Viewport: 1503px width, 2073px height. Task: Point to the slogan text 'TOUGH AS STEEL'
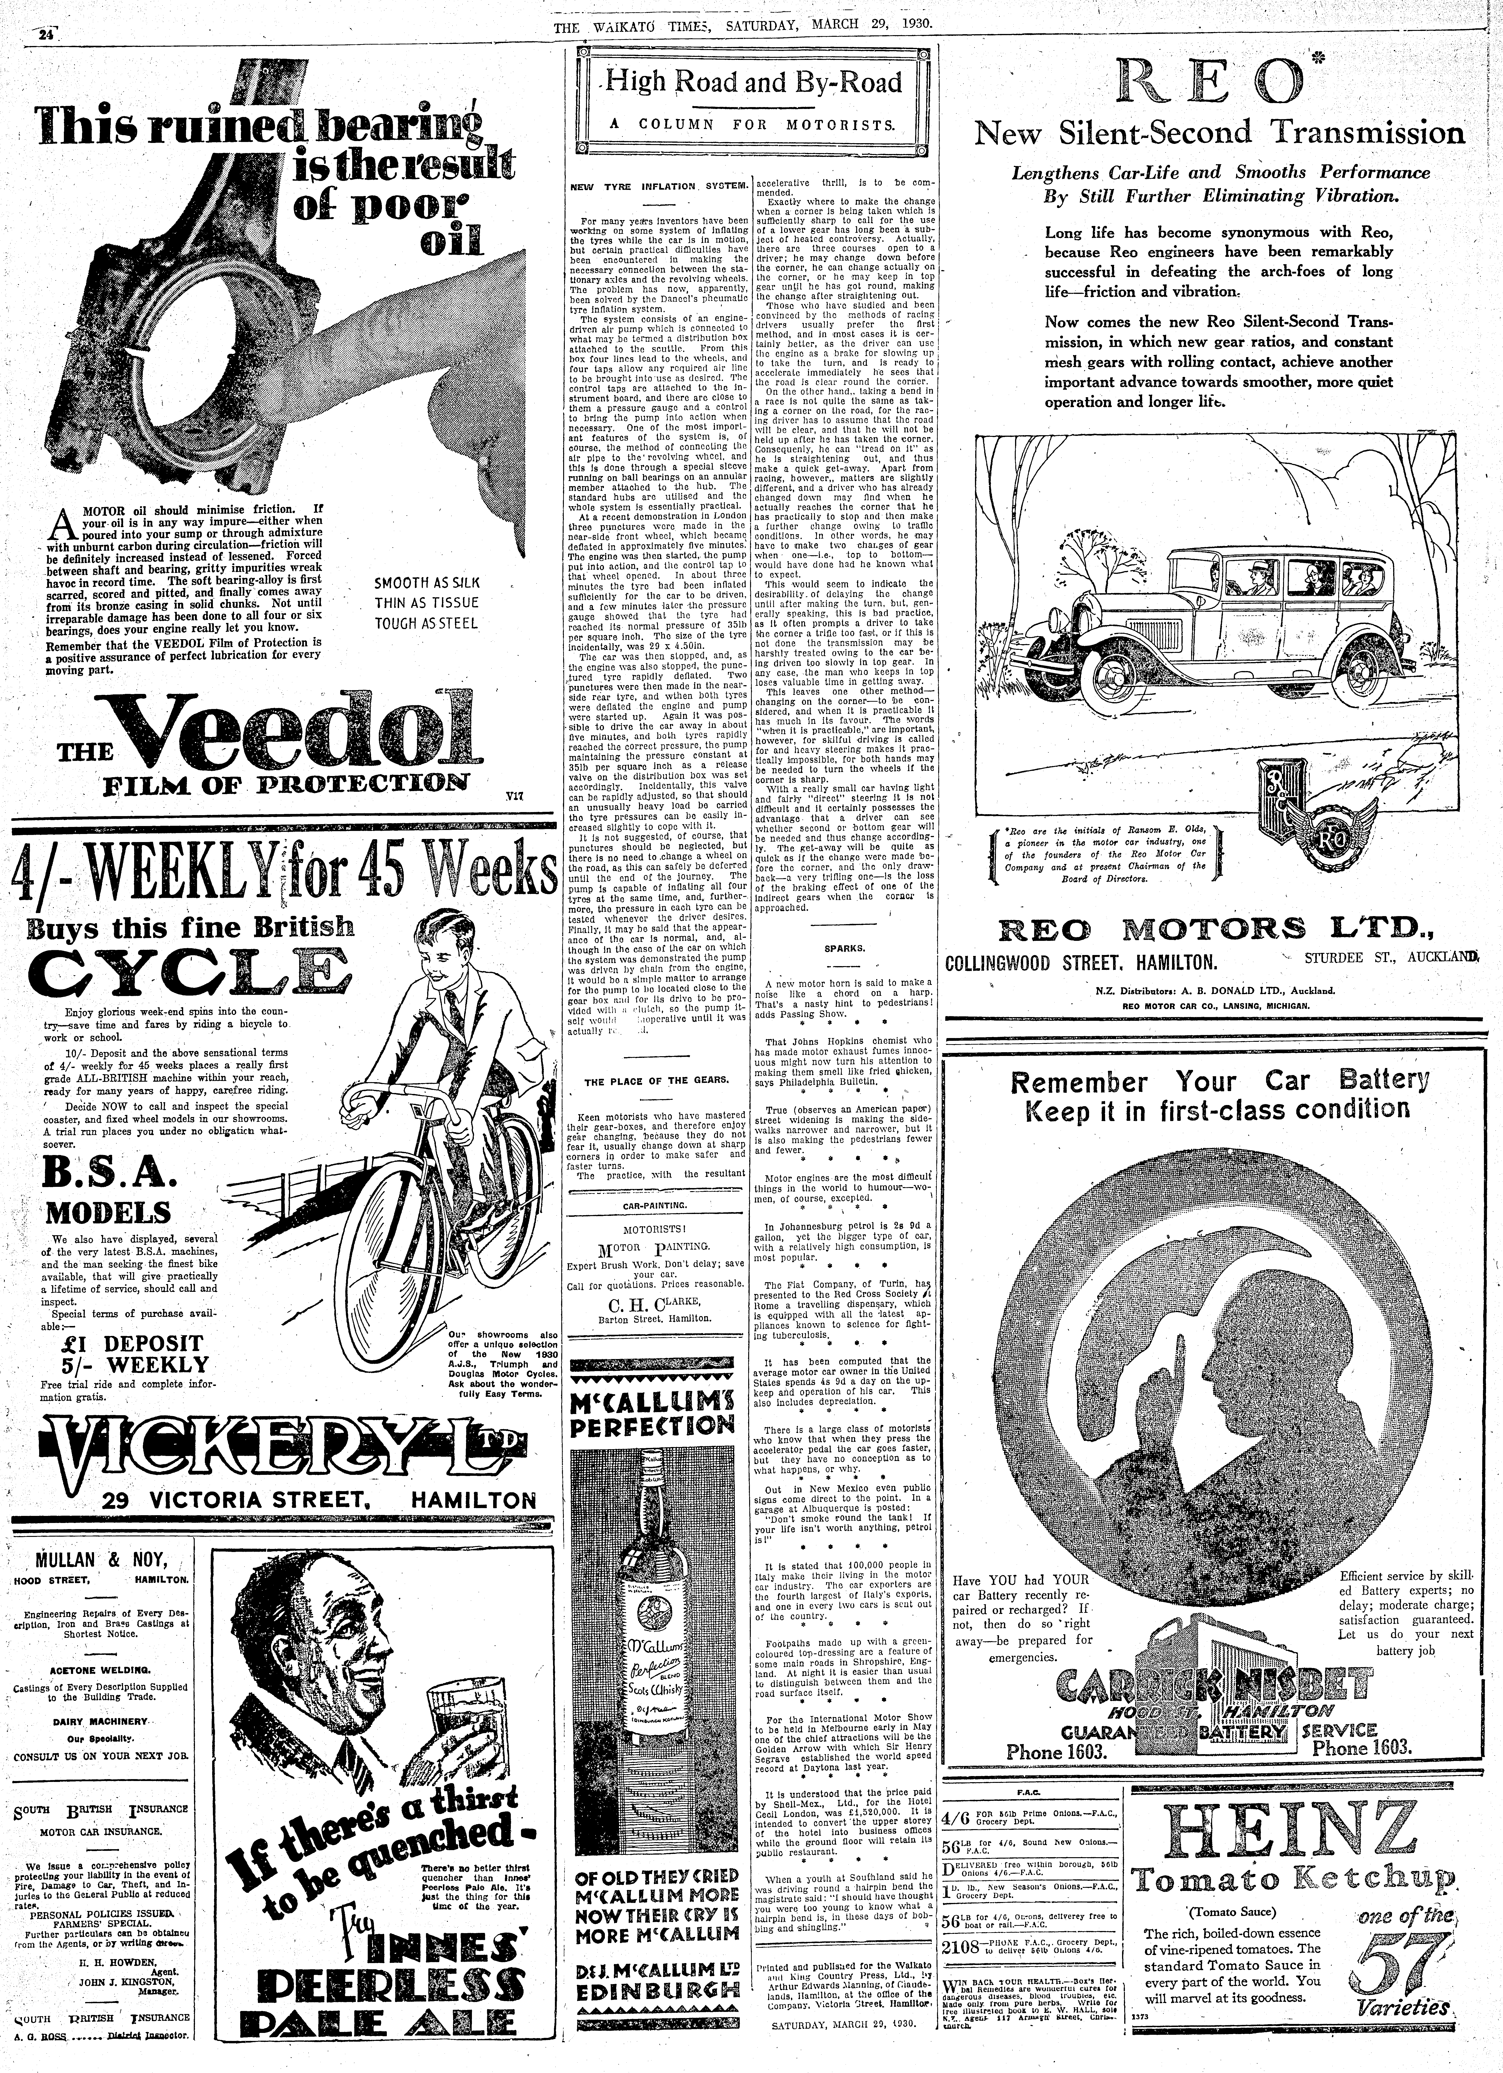click(426, 624)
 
